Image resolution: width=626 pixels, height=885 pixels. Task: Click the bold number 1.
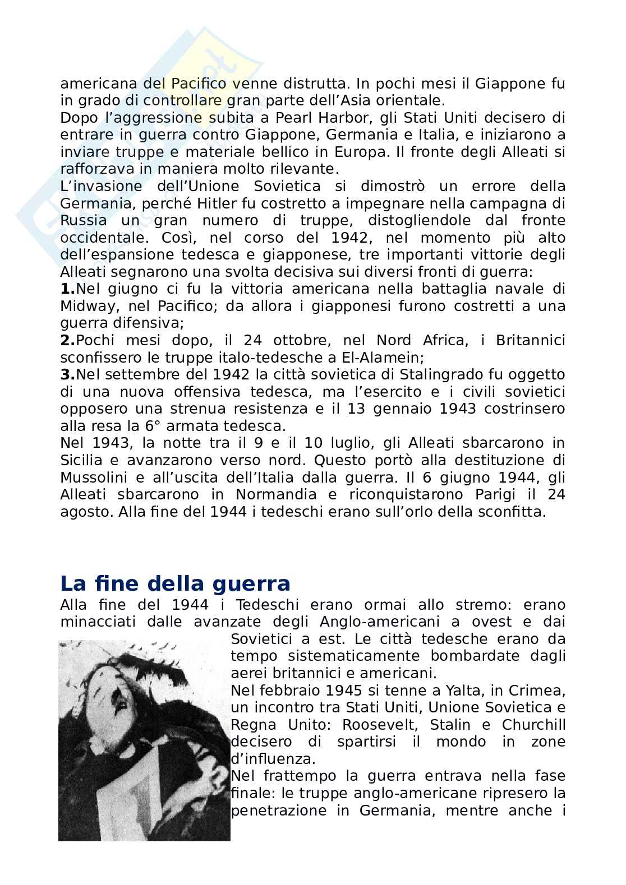pyautogui.click(x=67, y=289)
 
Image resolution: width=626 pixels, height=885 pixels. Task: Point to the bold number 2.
pyautogui.click(x=67, y=341)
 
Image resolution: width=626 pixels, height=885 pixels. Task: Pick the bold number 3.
pyautogui.click(x=67, y=375)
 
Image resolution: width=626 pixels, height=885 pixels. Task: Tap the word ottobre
pyautogui.click(x=309, y=341)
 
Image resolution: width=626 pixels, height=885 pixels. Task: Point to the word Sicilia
pyautogui.click(x=81, y=460)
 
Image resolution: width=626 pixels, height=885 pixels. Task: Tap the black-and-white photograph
pyautogui.click(x=144, y=740)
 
